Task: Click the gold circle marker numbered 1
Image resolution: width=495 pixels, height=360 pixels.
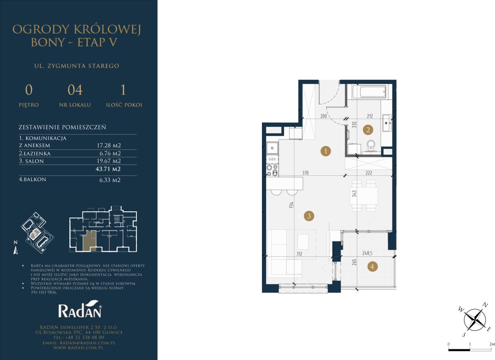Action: [x=325, y=151]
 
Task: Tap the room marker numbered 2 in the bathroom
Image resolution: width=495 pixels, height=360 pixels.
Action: [x=368, y=130]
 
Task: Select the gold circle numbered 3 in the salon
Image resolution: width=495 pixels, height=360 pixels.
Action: [x=309, y=216]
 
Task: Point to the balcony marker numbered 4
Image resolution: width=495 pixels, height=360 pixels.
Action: [x=372, y=266]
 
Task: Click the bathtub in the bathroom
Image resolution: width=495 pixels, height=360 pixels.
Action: [x=370, y=92]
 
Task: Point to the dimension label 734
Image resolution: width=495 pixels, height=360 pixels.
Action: [x=292, y=205]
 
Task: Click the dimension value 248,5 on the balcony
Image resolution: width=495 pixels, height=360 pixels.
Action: [x=367, y=253]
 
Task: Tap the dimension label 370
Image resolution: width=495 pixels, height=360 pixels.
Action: [x=305, y=173]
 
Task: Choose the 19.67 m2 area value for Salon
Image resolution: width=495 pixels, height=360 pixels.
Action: [x=109, y=161]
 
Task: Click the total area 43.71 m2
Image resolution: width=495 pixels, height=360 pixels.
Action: [x=108, y=169]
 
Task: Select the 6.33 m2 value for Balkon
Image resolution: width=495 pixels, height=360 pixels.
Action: [x=110, y=180]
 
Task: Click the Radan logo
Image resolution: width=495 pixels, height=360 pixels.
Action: [x=80, y=309]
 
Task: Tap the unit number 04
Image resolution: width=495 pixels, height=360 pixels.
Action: [x=75, y=90]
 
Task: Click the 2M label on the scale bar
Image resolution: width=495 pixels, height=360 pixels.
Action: [x=492, y=344]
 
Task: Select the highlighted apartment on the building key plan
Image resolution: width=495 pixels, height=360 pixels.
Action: [x=90, y=241]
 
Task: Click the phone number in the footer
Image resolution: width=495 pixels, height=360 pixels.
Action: [x=79, y=337]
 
